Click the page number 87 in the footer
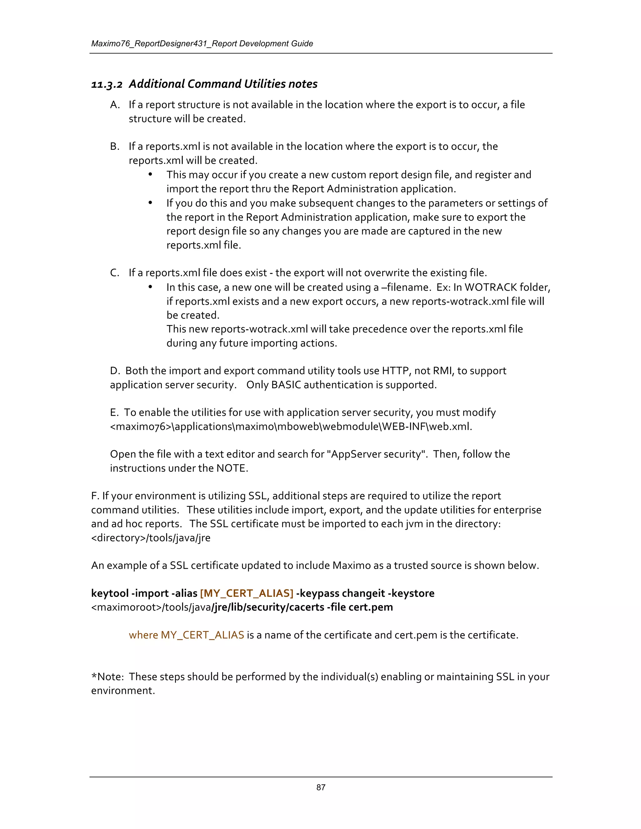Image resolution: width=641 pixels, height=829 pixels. tap(320, 787)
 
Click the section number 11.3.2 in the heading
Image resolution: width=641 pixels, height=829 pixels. tap(107, 84)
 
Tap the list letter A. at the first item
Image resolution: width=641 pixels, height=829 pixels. tap(115, 105)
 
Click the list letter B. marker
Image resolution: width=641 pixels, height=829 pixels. tap(115, 146)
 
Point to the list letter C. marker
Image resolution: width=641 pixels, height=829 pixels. tap(115, 273)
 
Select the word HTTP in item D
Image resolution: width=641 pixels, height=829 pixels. tap(396, 371)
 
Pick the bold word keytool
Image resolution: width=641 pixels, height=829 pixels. tap(110, 593)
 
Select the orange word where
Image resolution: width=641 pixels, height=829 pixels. tap(143, 635)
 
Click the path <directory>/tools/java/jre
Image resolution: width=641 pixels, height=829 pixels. tap(151, 538)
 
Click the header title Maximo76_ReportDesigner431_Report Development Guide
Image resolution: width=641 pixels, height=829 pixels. tap(202, 44)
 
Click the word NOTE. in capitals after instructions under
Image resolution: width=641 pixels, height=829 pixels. tap(232, 468)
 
